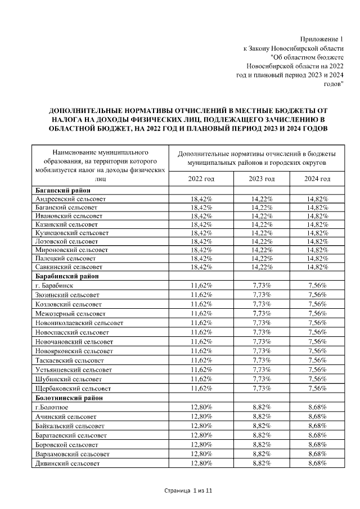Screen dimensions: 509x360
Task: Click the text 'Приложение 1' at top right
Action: (321, 39)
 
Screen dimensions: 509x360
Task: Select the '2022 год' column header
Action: (201, 178)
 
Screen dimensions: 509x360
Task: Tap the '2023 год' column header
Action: (261, 178)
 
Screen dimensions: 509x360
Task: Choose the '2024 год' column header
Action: (318, 178)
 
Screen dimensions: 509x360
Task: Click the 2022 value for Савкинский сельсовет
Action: (201, 267)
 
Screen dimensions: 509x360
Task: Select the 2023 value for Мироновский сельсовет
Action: (261, 250)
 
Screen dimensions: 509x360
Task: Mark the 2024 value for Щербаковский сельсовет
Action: (318, 388)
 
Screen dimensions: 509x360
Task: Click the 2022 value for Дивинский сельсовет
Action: (201, 463)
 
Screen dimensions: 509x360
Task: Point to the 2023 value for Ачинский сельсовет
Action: (261, 416)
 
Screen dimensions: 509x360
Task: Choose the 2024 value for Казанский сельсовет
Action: (318, 224)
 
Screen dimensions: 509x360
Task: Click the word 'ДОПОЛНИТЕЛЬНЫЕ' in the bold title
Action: (90, 111)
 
